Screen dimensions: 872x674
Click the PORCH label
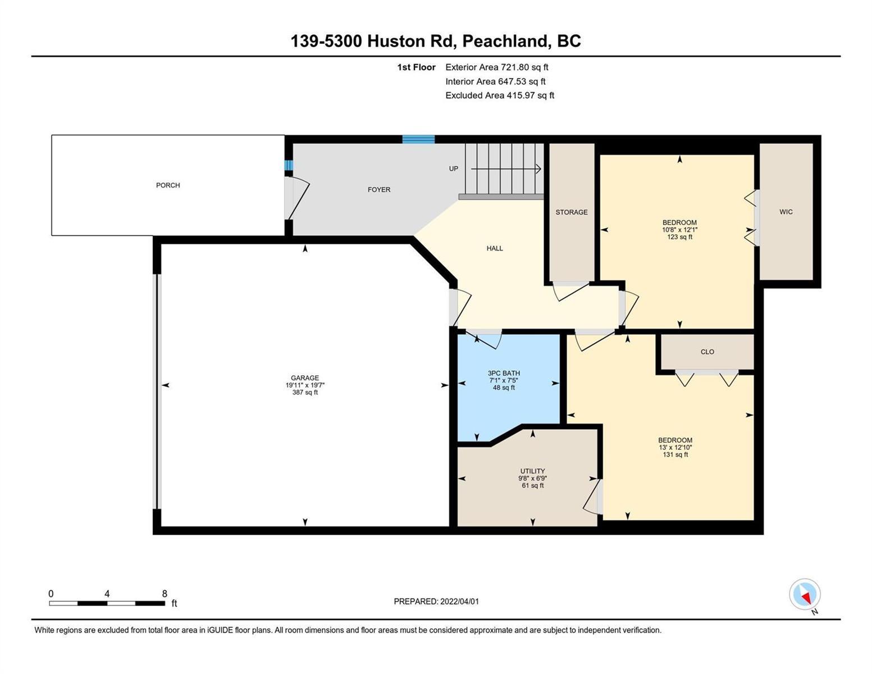[x=168, y=185]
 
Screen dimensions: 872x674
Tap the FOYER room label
[x=379, y=189]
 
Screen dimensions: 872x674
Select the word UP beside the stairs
[x=454, y=168]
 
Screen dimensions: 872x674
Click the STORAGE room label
[x=572, y=212]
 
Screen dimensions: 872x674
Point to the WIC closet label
[x=786, y=212]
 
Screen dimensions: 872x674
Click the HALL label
[x=494, y=248]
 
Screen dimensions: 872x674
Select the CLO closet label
[x=707, y=352]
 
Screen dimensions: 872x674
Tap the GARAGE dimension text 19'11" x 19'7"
[x=305, y=385]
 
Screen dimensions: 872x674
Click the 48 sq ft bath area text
[x=504, y=388]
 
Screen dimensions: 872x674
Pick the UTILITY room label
[x=532, y=471]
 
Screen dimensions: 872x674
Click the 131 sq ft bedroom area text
[x=675, y=454]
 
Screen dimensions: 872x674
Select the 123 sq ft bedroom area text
[x=679, y=237]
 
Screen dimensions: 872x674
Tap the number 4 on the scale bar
[x=107, y=593]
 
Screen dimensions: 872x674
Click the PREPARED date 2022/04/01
[x=459, y=602]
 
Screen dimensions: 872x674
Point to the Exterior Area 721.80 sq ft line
[x=497, y=67]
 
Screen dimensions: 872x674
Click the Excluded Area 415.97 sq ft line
[x=500, y=95]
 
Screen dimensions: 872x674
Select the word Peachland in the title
[x=505, y=41]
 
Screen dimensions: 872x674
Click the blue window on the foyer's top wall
[x=418, y=139]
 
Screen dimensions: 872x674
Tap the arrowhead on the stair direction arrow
[x=538, y=168]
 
